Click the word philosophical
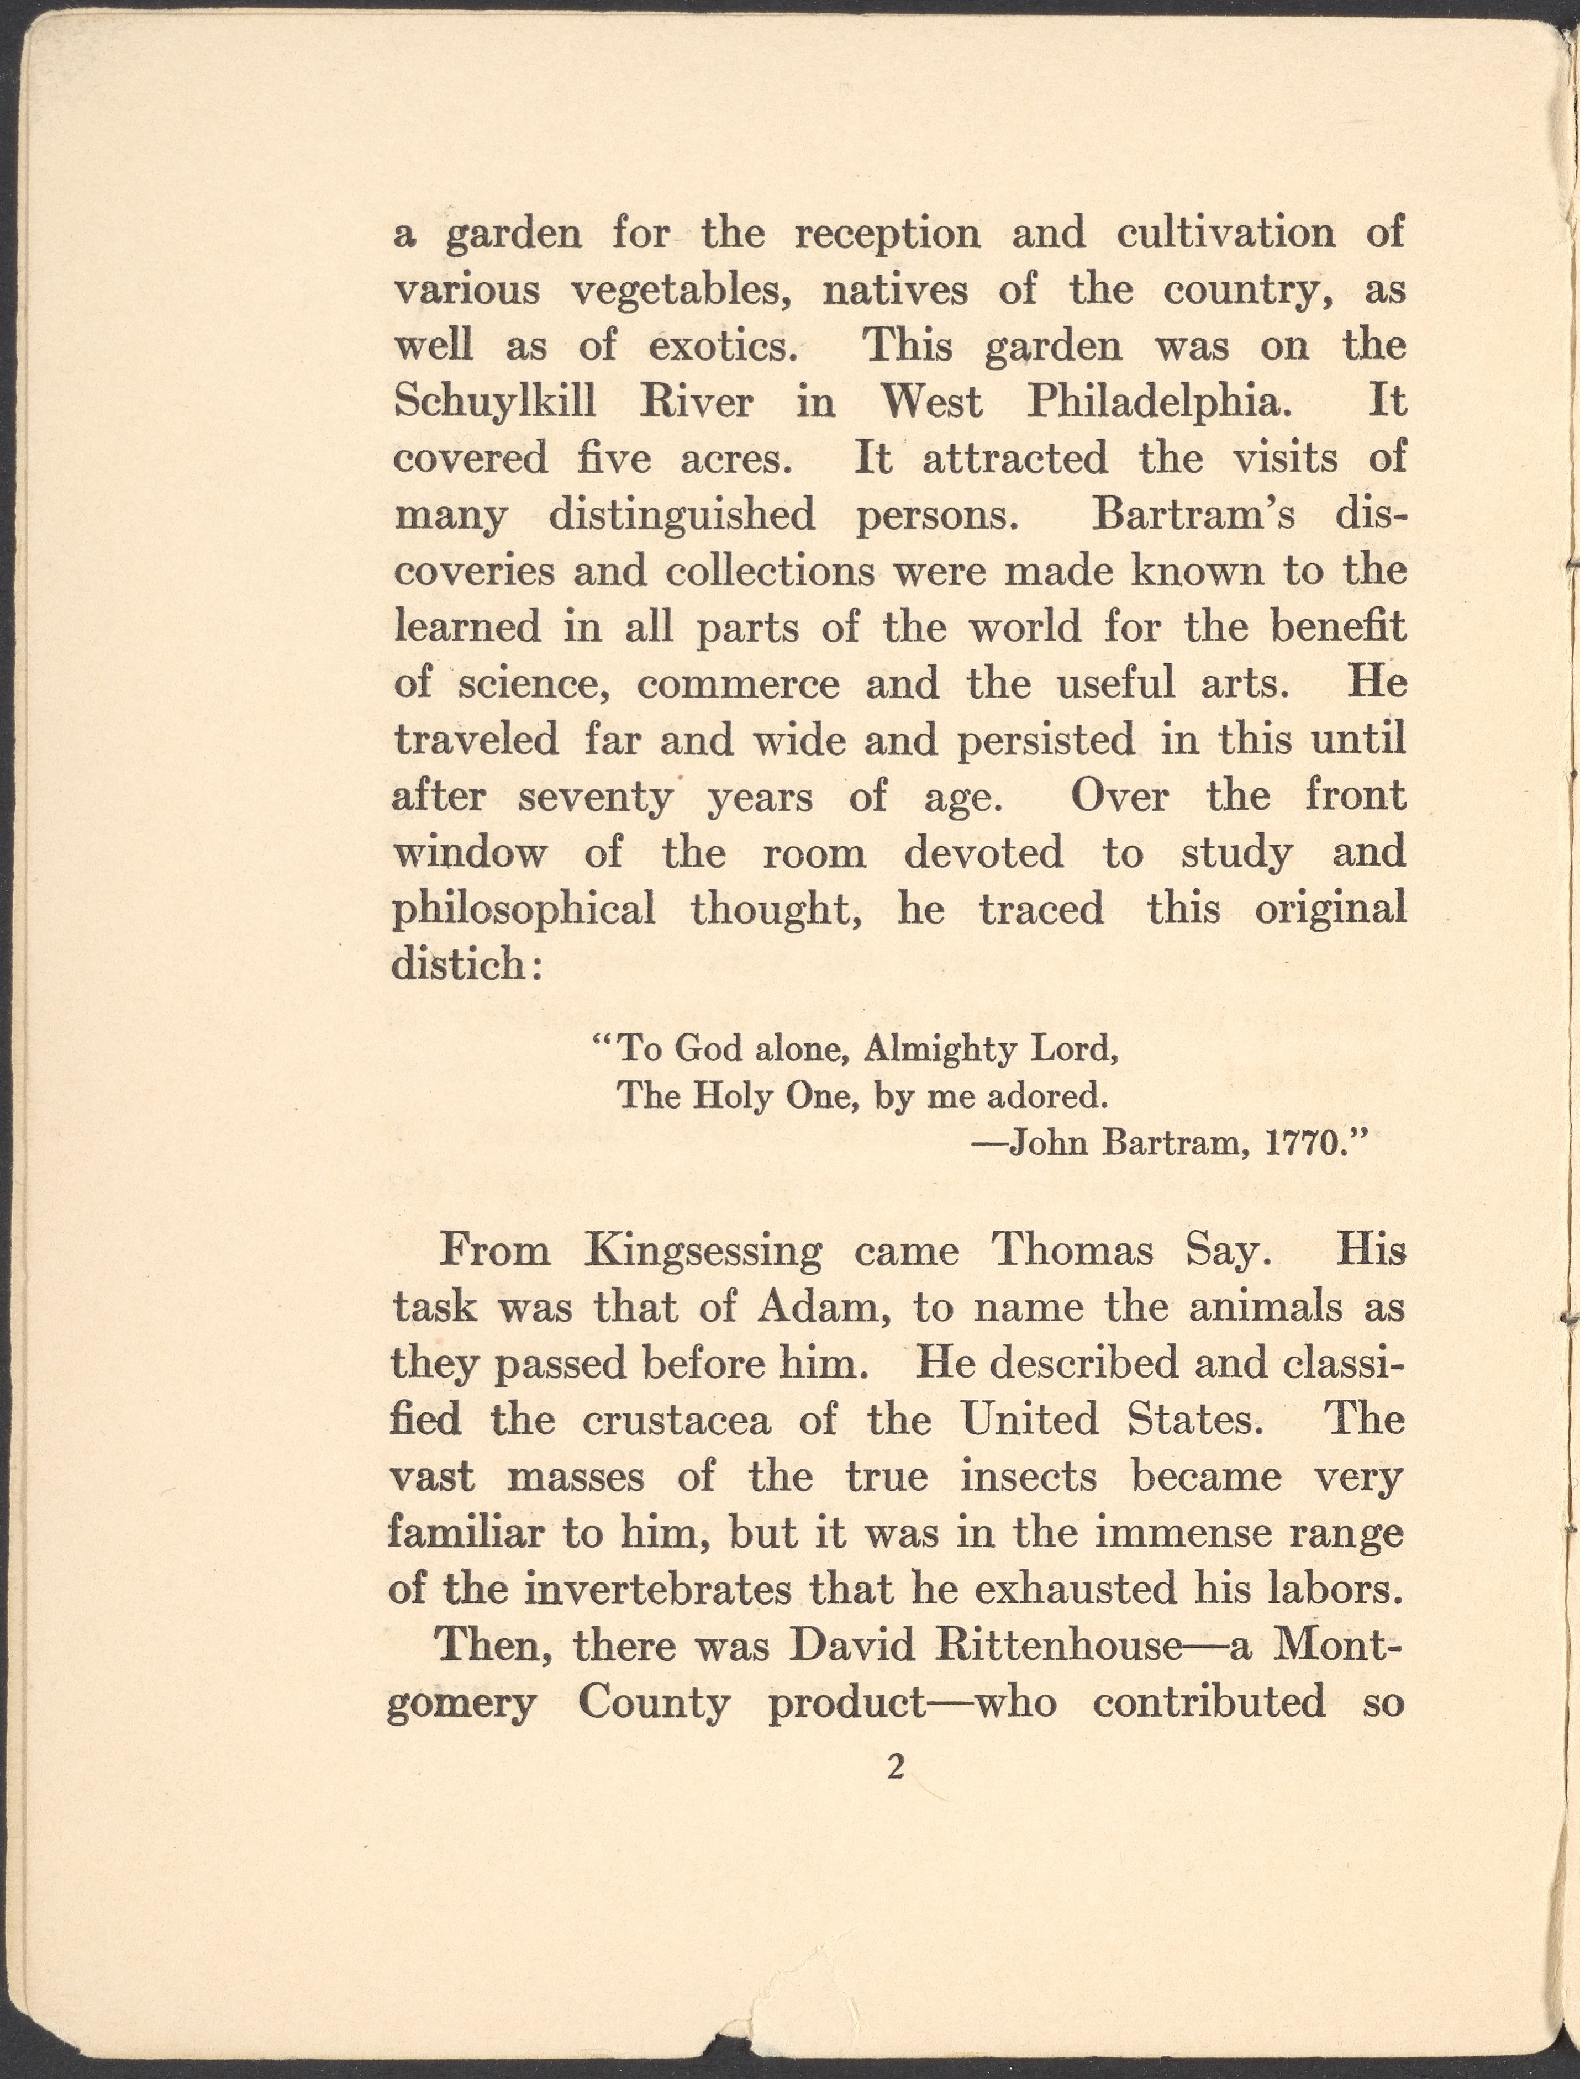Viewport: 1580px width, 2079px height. (x=523, y=909)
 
